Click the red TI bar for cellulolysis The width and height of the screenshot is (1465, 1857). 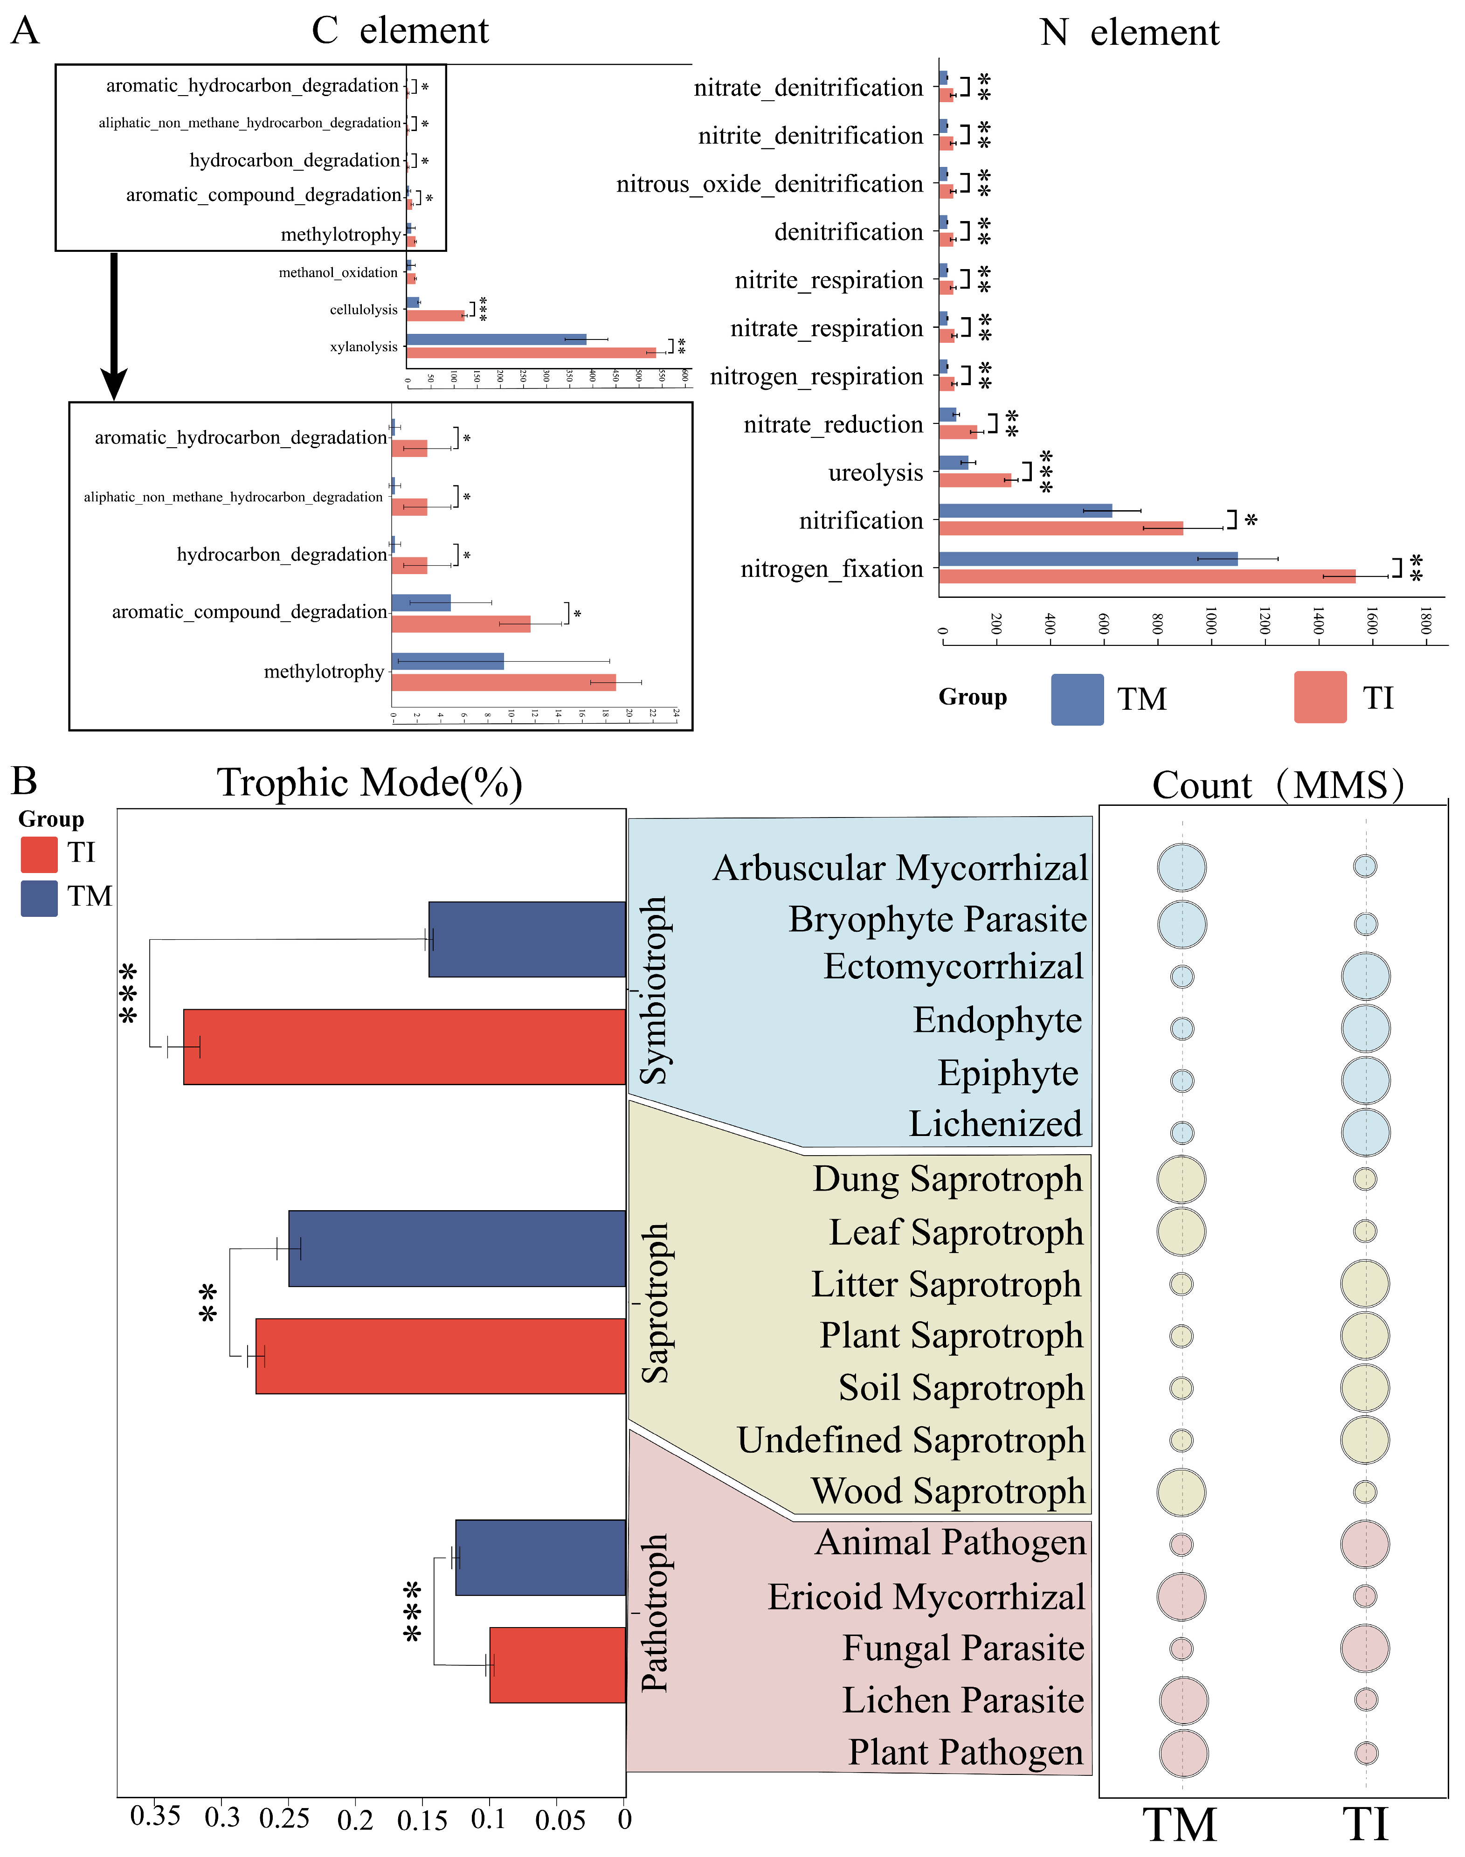(x=435, y=316)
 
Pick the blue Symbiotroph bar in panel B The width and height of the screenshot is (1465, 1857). (x=527, y=939)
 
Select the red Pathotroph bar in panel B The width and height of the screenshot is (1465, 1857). (x=558, y=1665)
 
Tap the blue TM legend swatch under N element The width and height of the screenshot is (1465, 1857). (x=1078, y=699)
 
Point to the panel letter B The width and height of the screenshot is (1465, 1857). (x=24, y=781)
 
